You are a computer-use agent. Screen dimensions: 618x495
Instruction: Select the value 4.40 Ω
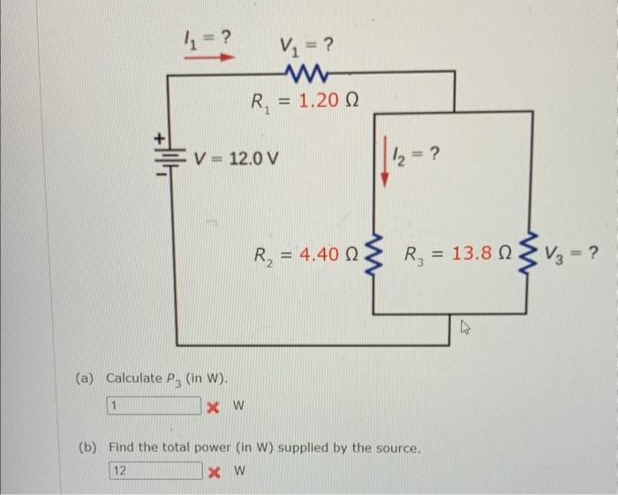[x=317, y=256]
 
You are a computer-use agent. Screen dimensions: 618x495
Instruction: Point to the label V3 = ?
[x=574, y=256]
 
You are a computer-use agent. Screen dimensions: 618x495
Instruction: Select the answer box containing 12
[x=155, y=470]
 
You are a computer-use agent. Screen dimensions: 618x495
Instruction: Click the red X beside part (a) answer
[x=212, y=407]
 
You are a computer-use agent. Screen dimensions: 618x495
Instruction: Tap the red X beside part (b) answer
[x=215, y=470]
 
